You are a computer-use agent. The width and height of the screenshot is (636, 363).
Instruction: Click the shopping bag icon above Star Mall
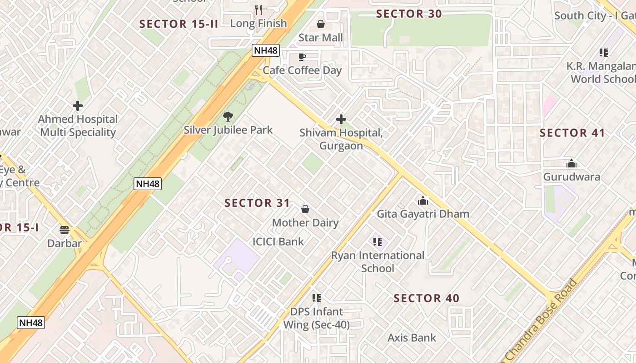click(321, 24)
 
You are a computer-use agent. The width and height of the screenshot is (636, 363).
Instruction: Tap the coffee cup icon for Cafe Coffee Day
click(302, 57)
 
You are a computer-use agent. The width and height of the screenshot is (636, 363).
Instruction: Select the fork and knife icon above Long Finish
click(258, 10)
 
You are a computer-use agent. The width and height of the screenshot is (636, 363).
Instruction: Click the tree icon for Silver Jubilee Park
click(228, 117)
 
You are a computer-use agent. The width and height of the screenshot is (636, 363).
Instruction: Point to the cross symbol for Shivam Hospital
click(341, 119)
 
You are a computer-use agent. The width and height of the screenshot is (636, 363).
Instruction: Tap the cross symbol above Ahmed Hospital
click(78, 106)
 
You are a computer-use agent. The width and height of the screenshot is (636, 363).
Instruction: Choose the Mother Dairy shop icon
click(305, 209)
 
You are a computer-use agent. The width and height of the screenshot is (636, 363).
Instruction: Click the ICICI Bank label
click(278, 241)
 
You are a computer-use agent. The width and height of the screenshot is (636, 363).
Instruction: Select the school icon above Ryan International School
click(378, 242)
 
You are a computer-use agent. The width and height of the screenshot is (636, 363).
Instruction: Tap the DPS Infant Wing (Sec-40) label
click(317, 319)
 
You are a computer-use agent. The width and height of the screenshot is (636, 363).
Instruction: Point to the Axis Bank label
click(412, 338)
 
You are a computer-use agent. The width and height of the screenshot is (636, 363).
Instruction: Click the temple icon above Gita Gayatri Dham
click(423, 200)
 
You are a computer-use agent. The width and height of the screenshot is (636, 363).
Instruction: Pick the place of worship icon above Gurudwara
click(571, 163)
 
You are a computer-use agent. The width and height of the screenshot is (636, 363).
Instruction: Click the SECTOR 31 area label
click(257, 203)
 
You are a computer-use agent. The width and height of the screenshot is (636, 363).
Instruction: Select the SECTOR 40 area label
click(427, 298)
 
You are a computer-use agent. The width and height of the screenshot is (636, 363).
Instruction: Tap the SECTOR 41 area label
click(572, 133)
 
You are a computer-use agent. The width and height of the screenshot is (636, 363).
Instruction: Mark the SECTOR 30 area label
click(409, 14)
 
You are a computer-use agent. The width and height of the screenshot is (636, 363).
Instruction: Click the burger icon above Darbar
click(65, 230)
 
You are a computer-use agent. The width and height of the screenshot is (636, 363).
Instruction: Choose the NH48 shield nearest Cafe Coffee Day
click(266, 50)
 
